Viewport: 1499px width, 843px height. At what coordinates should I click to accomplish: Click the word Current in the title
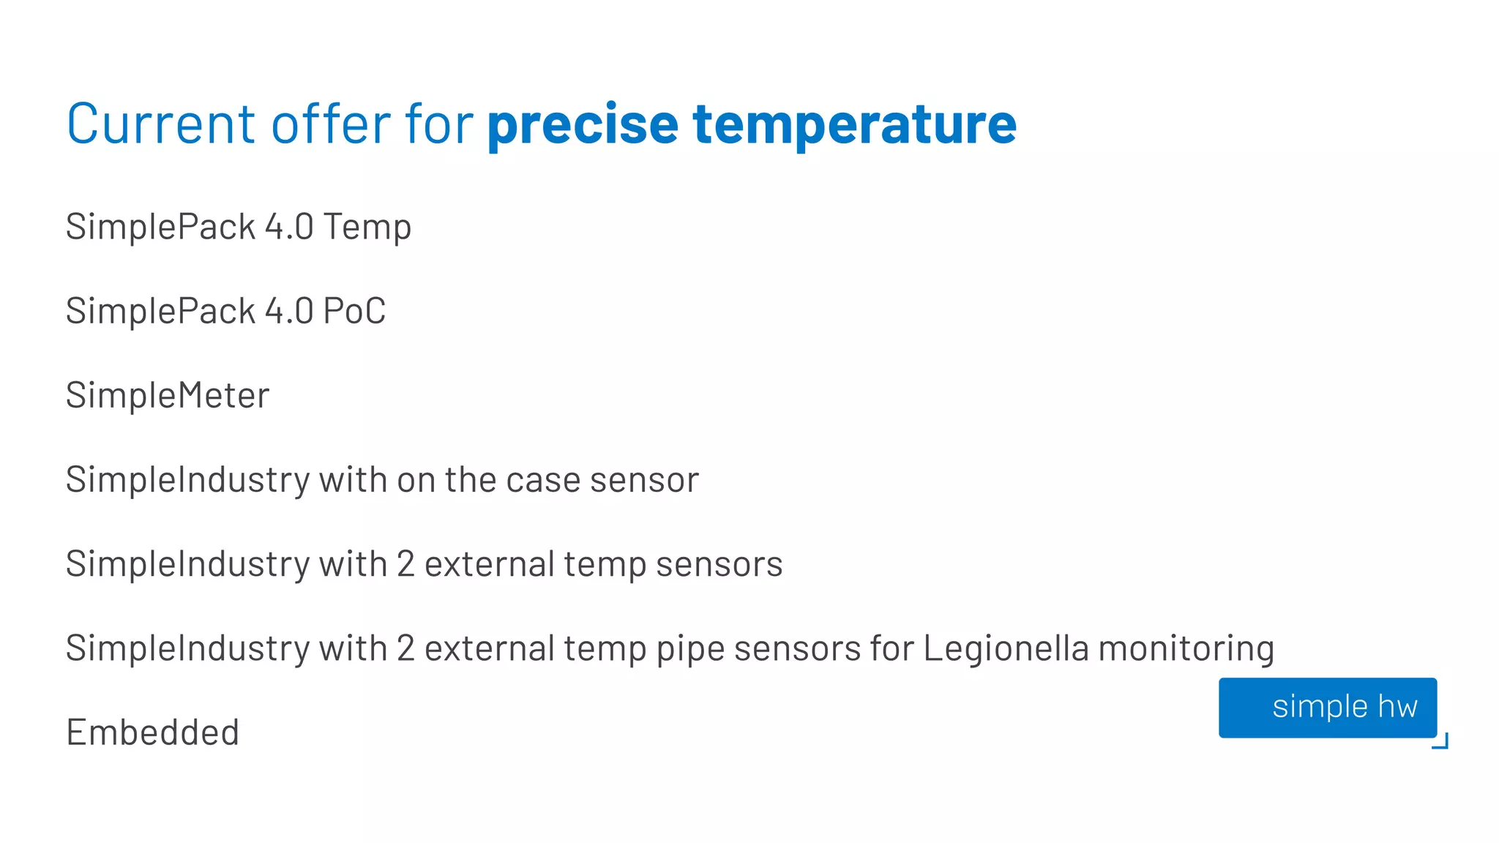click(161, 124)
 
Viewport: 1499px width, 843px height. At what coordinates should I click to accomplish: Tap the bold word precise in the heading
click(583, 124)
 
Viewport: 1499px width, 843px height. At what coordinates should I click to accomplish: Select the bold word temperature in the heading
click(854, 124)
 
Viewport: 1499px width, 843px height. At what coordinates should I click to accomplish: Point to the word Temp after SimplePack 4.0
click(367, 228)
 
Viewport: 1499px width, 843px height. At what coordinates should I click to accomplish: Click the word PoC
click(354, 311)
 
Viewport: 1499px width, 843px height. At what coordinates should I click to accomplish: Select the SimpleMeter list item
click(168, 396)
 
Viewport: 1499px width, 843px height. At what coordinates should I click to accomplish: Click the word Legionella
click(1006, 649)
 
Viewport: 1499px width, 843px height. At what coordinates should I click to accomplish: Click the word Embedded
click(153, 733)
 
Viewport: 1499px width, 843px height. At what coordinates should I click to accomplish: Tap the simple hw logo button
click(1327, 707)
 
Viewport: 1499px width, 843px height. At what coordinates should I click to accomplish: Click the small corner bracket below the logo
click(1441, 742)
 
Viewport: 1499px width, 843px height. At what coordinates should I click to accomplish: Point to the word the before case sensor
click(470, 480)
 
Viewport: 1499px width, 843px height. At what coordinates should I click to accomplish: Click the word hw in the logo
click(1397, 707)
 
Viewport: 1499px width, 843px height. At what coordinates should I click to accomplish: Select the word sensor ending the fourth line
click(644, 480)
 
